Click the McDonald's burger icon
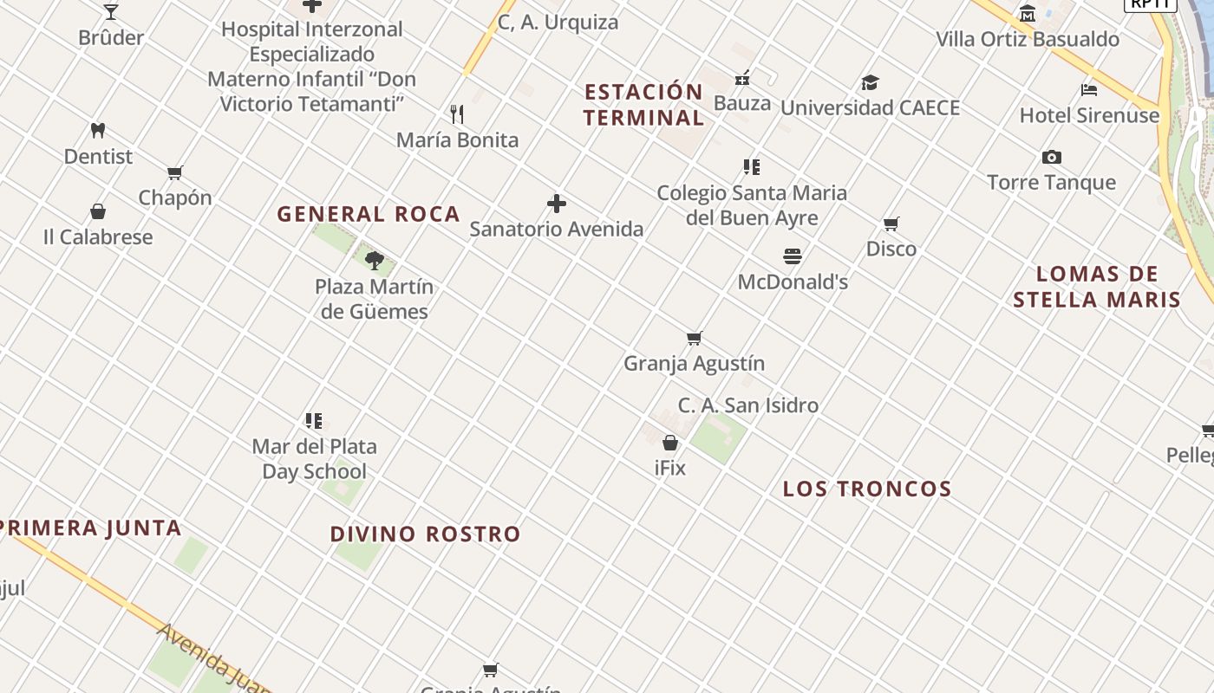792,256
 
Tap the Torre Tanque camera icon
1052,157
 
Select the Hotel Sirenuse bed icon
1089,90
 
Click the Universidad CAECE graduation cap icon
870,83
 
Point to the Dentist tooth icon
98,131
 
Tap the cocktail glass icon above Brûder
111,12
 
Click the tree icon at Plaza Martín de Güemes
375,260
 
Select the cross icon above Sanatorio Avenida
557,204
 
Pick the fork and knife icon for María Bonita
457,113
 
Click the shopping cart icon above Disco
891,224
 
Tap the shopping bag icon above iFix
670,443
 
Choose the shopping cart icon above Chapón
175,172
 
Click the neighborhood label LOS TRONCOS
867,489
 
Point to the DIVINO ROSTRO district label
425,534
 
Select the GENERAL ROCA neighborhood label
369,214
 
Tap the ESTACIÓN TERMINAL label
643,105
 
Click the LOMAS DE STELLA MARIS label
1097,287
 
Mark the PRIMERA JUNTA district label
91,528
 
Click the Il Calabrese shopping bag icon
98,211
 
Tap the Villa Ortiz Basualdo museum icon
1028,13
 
